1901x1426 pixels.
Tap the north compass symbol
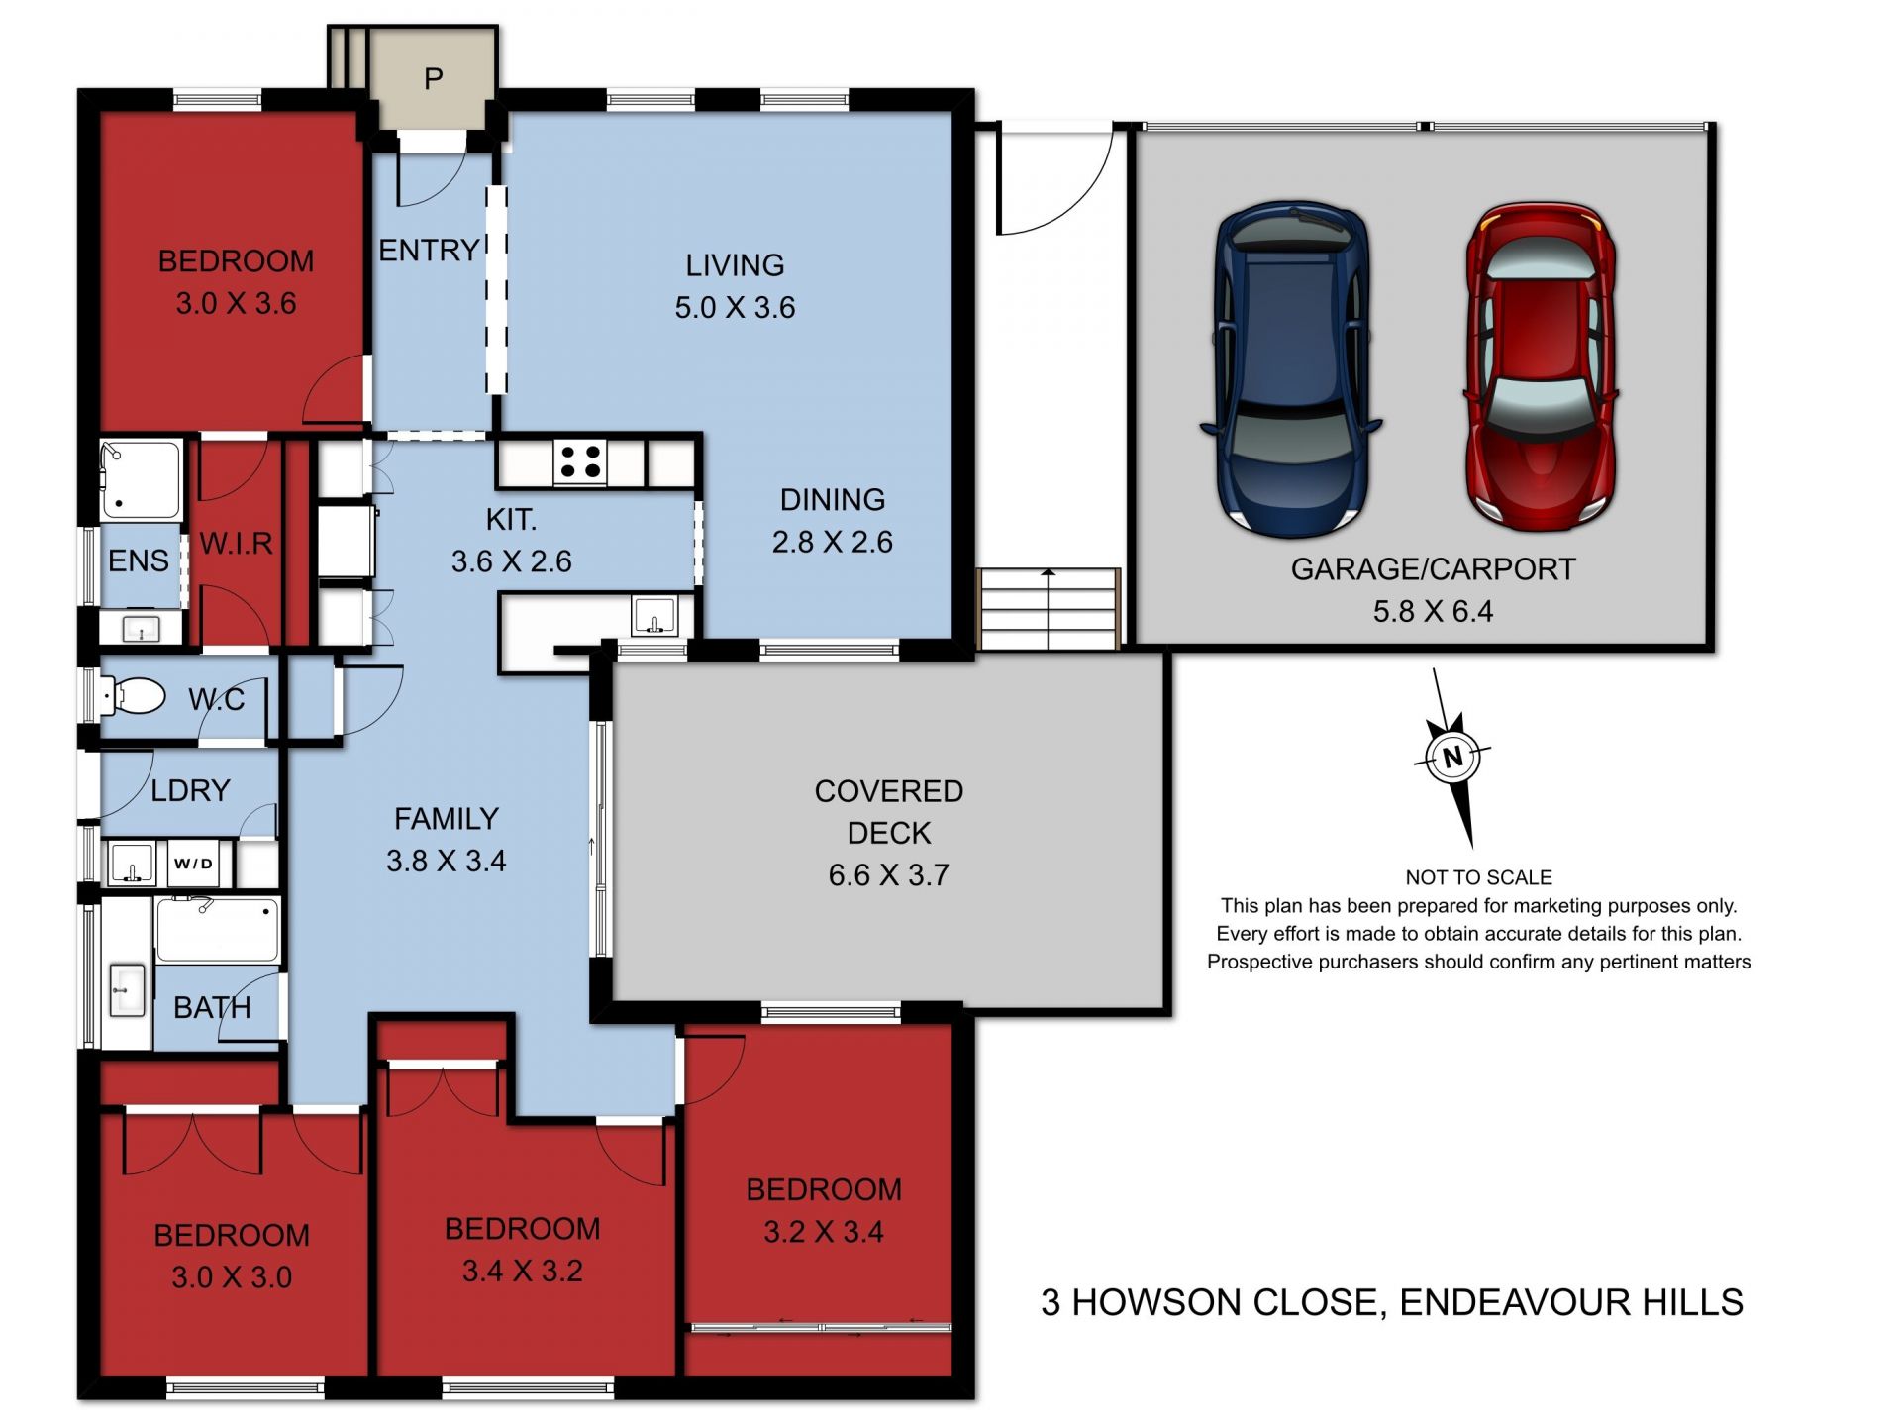coord(1451,758)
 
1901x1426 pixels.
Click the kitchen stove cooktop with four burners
coord(579,462)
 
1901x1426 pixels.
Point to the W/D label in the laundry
coord(193,864)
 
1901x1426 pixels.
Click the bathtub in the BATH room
coord(217,929)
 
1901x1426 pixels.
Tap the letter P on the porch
coord(433,78)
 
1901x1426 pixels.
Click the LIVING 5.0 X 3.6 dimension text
coord(735,307)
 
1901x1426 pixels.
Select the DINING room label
coord(832,500)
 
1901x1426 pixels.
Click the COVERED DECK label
coord(888,812)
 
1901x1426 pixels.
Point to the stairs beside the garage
coord(1049,609)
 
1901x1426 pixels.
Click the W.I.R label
coord(236,543)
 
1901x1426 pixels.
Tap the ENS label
coord(138,560)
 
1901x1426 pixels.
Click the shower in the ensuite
coord(141,480)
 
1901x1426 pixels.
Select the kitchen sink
coord(653,615)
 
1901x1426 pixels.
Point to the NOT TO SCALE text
coord(1477,877)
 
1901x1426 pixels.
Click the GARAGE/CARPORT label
coord(1432,569)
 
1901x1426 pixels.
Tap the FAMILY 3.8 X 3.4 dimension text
coord(446,861)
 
